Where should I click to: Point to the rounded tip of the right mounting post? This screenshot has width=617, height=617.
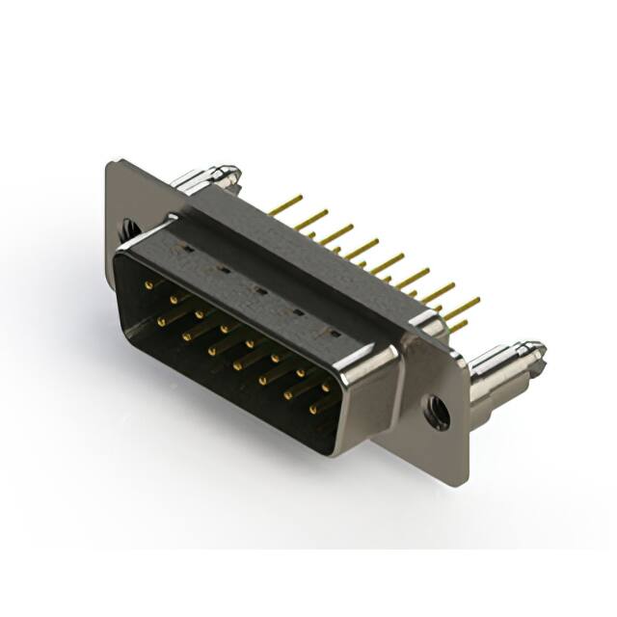(534, 351)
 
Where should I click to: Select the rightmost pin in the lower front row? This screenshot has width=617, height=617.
(313, 409)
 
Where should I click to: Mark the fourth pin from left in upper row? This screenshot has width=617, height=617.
(224, 330)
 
